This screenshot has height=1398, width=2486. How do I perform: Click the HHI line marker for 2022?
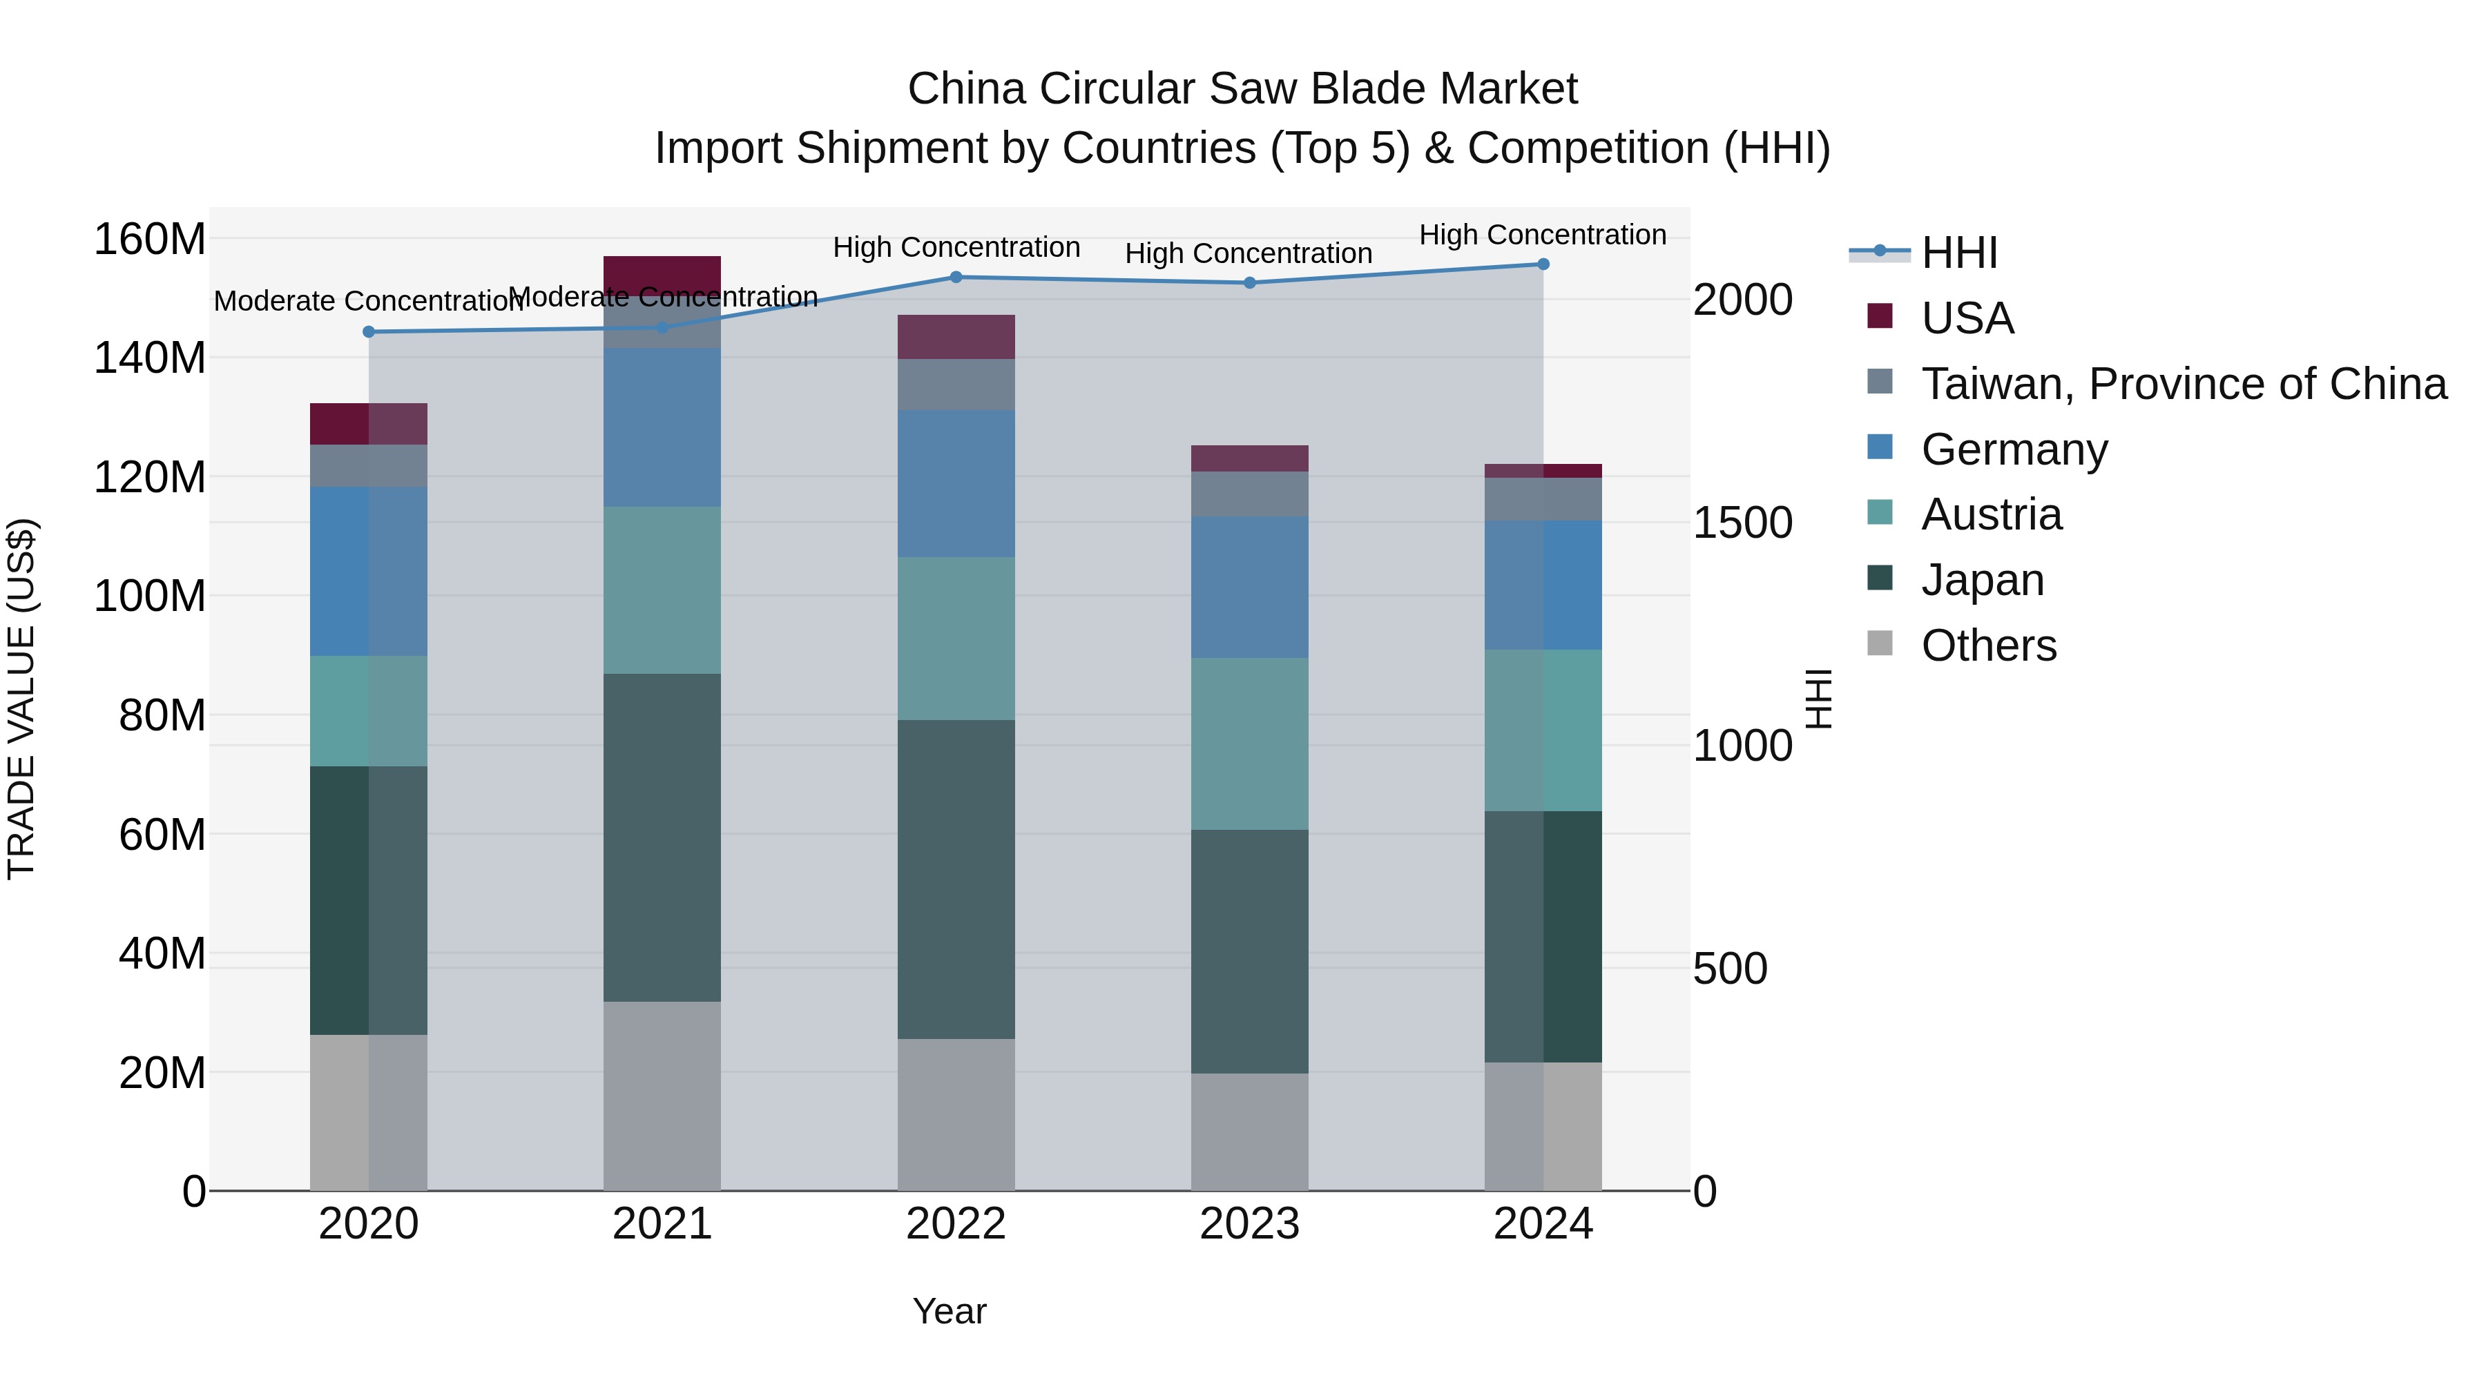(956, 277)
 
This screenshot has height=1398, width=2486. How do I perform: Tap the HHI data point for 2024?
(1542, 264)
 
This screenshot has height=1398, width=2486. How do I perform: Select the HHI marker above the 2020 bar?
(369, 332)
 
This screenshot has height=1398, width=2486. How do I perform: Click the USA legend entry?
(1966, 318)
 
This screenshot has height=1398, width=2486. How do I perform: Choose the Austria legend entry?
(1990, 514)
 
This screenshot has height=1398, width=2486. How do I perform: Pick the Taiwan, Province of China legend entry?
(2183, 384)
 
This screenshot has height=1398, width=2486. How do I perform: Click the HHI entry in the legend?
(1958, 253)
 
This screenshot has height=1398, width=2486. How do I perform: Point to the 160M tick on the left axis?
(150, 240)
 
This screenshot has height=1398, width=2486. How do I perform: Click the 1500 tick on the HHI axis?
(1742, 522)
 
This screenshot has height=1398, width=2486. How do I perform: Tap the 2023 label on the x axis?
(1249, 1224)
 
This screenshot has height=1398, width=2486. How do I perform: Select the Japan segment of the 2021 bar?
(662, 837)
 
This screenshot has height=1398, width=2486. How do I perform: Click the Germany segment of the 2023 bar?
(1249, 587)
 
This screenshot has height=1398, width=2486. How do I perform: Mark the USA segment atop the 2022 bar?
(956, 337)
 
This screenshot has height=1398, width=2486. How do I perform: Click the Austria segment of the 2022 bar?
(956, 638)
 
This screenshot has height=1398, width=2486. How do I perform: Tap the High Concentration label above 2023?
(1248, 254)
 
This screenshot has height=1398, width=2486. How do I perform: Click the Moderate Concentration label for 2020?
(367, 301)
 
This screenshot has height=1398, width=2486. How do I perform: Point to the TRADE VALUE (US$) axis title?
(21, 699)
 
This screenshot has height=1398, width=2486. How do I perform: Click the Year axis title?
(949, 1311)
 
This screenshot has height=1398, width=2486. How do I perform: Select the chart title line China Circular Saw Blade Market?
(1242, 89)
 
